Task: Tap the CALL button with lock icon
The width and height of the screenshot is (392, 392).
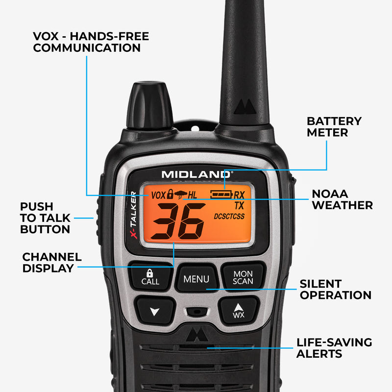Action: (150, 277)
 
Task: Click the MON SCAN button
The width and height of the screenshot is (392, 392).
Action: (243, 277)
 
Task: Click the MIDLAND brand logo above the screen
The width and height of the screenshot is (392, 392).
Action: (197, 174)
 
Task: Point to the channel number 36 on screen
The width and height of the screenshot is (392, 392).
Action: (178, 221)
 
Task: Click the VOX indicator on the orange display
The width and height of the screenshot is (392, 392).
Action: (158, 195)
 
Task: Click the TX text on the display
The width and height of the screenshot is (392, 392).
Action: (239, 205)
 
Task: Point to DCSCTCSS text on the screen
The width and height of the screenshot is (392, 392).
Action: (229, 216)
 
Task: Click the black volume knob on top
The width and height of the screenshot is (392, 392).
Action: (149, 105)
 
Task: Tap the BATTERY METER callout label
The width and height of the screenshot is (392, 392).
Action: (334, 126)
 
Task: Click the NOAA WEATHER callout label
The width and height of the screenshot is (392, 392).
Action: (342, 199)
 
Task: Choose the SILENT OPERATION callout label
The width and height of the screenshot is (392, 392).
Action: (335, 289)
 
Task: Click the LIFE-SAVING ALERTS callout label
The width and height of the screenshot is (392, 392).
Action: (334, 348)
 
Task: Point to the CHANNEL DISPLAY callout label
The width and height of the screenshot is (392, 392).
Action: (52, 263)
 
